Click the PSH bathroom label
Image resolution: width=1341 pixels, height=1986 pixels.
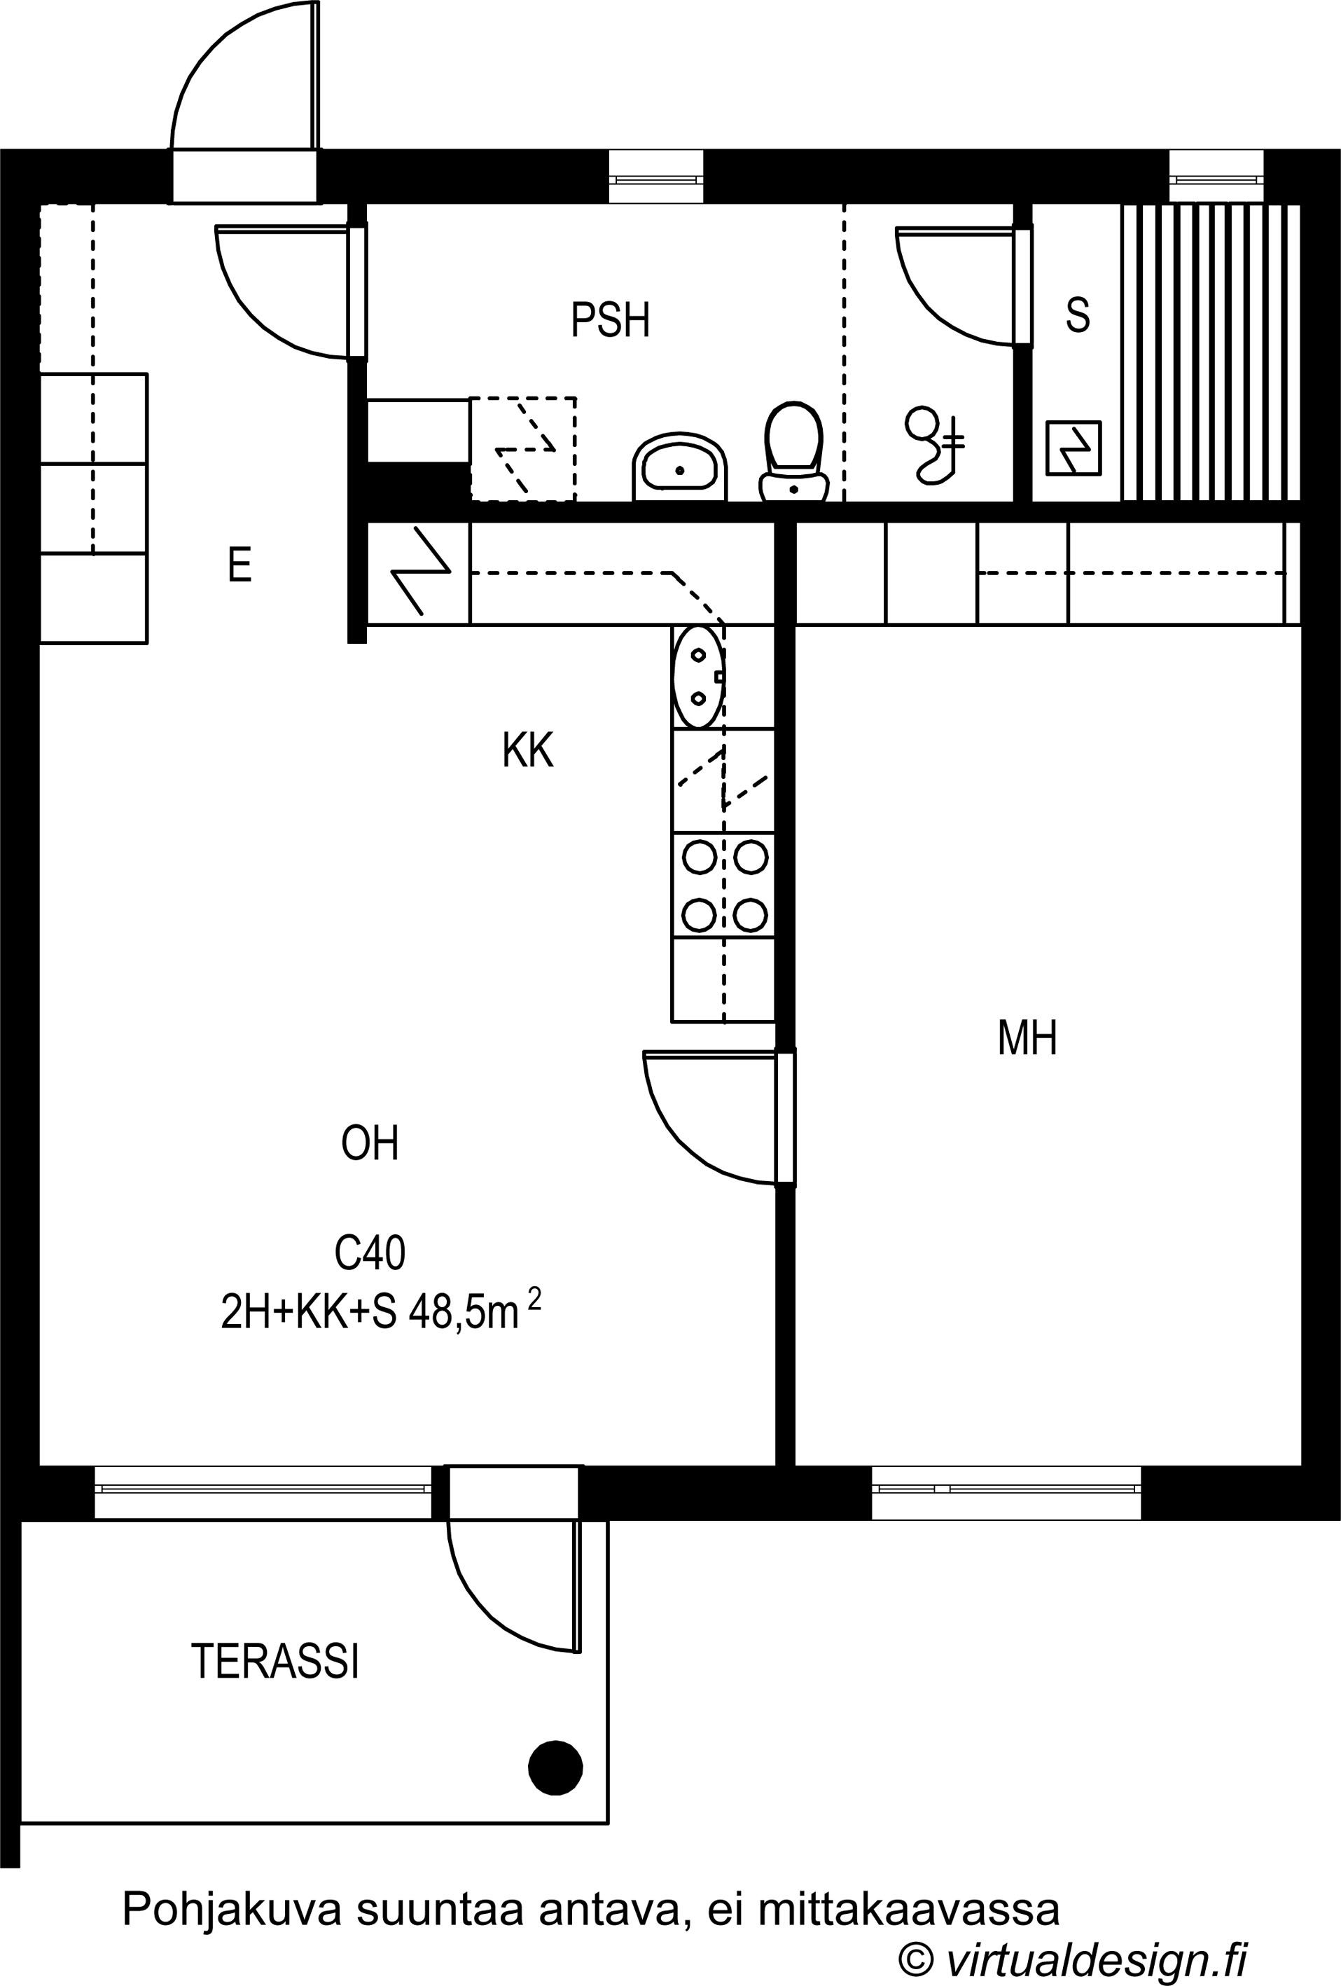tap(610, 319)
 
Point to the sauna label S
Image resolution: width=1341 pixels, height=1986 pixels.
tap(1078, 315)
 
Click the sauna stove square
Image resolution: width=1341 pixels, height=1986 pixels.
tap(1074, 448)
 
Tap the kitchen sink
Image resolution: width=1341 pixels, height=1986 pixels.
tap(699, 677)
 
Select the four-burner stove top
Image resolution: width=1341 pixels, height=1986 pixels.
tap(723, 885)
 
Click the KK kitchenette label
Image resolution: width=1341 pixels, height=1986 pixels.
tap(528, 750)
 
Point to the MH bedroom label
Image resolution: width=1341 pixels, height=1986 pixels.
tap(1027, 1038)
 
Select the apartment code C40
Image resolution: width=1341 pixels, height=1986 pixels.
tap(370, 1254)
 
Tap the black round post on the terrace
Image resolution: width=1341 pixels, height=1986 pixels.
tap(556, 1768)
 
